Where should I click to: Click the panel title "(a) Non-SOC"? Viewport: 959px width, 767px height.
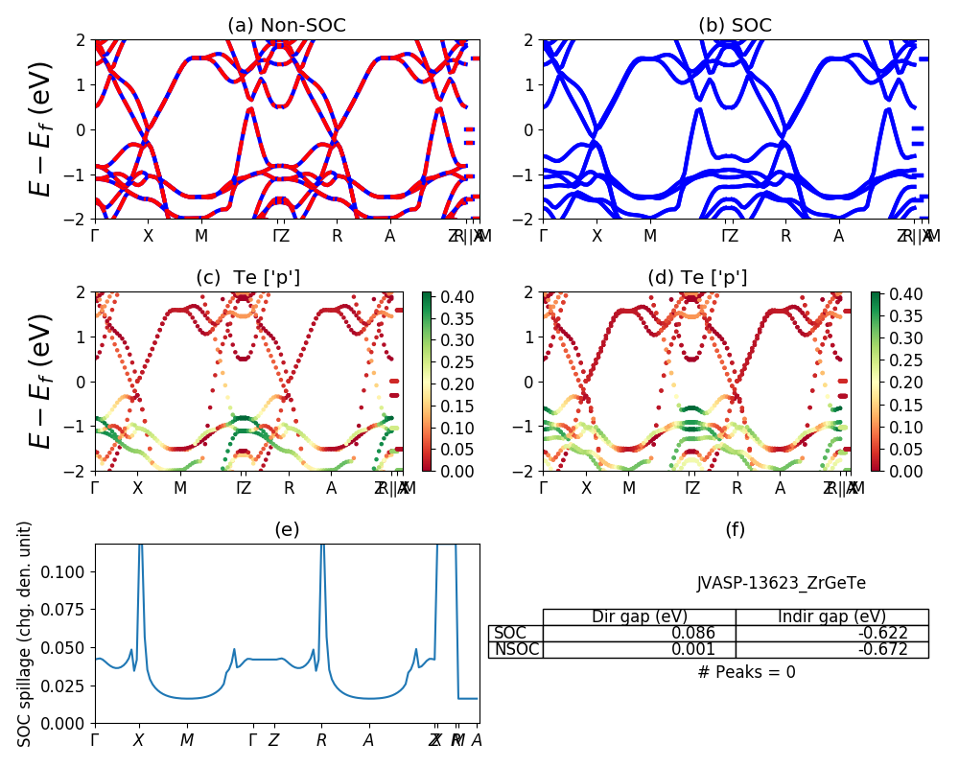(287, 26)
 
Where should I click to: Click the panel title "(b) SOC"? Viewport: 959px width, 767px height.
(736, 26)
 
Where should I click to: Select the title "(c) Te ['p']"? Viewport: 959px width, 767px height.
(247, 278)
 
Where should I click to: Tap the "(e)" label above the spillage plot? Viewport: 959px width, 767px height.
(287, 529)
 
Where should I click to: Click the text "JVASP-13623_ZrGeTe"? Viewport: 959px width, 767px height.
(782, 582)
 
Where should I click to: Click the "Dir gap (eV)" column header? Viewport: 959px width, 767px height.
(639, 616)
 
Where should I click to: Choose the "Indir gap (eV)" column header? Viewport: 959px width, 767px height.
(831, 616)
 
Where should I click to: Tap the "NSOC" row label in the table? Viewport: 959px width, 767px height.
(516, 650)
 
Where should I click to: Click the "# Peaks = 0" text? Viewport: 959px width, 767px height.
(747, 672)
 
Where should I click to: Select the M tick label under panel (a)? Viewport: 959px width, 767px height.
(201, 236)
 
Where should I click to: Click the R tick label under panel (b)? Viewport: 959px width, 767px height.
(785, 236)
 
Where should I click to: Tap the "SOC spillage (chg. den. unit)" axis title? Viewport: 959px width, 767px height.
(26, 634)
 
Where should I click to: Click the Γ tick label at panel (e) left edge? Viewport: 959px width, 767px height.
(94, 740)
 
